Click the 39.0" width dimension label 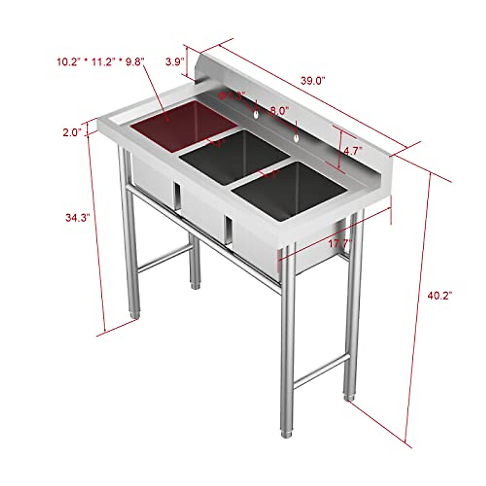[x=313, y=81]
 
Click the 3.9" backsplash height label [x=175, y=62]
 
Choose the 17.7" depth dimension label [x=340, y=244]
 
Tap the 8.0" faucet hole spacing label [x=279, y=110]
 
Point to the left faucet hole [x=256, y=116]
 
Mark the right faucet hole [x=297, y=139]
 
